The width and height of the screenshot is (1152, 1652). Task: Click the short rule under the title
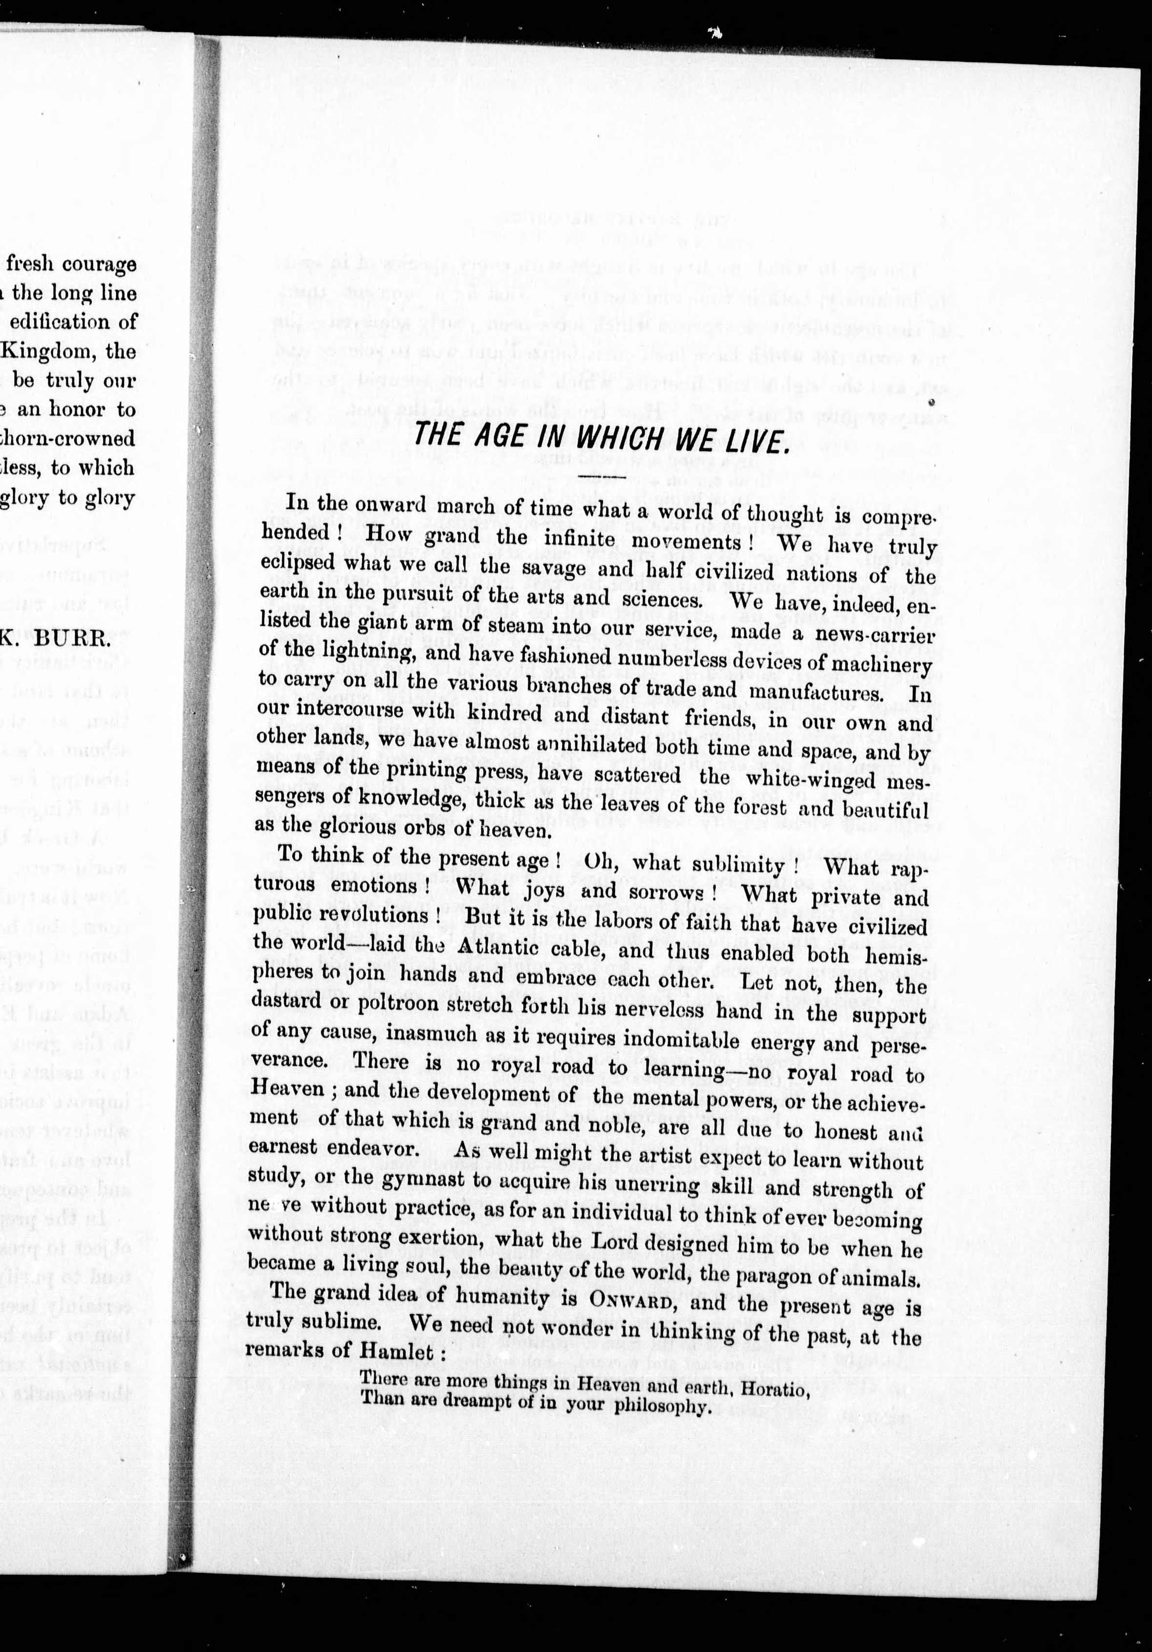click(x=597, y=475)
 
